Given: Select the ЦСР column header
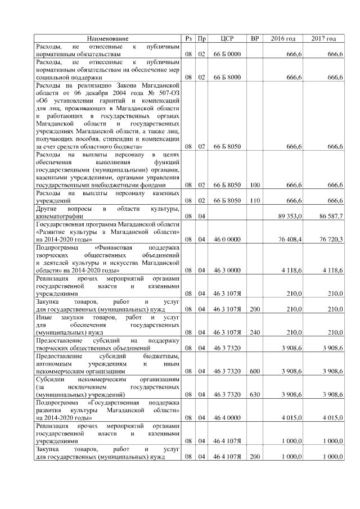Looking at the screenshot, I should click(227, 38).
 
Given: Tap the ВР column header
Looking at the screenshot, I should click(254, 38).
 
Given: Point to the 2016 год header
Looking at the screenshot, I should click(283, 38).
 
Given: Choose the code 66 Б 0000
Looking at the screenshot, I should click(227, 53).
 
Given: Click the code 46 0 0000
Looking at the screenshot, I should click(227, 239).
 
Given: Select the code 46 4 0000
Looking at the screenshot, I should click(227, 418).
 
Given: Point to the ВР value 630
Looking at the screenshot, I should click(254, 394).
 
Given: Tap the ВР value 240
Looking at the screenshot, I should click(254, 332).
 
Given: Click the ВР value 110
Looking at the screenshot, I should click(254, 200).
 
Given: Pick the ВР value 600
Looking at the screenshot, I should click(254, 371).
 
